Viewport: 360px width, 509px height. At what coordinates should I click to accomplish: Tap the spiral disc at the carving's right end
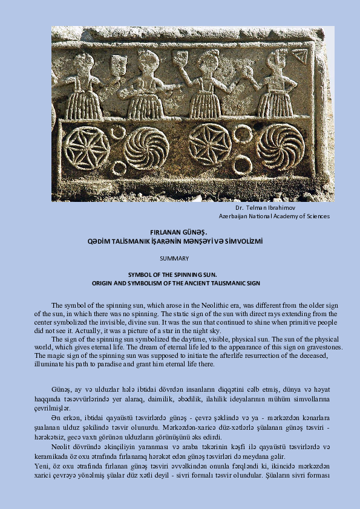[280, 147]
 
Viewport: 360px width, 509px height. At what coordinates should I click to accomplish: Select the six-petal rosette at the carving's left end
[87, 148]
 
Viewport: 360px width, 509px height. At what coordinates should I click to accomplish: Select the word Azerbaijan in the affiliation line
[235, 215]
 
